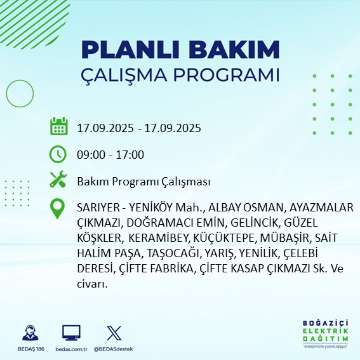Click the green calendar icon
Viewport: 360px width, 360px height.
click(x=58, y=127)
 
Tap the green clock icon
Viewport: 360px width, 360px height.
click(x=58, y=154)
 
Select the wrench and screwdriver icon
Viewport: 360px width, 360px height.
click(x=58, y=181)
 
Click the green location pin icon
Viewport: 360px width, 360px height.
click(x=58, y=209)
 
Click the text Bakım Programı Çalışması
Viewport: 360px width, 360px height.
click(x=143, y=182)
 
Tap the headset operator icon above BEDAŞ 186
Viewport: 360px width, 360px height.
click(x=29, y=333)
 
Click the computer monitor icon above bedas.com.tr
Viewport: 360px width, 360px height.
click(x=71, y=333)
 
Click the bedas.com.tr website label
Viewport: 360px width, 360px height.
click(x=71, y=349)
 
